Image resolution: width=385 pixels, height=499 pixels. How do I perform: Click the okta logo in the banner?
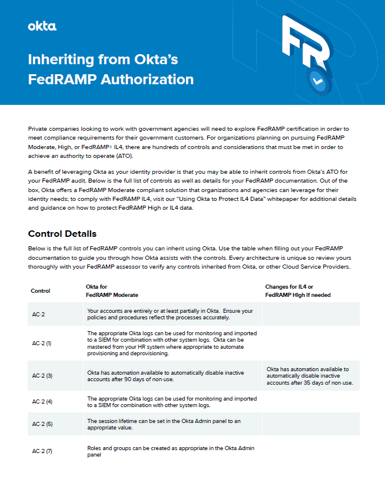tap(42, 26)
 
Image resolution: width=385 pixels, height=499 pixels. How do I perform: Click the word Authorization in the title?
tap(145, 79)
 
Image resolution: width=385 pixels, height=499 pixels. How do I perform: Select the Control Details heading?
tap(62, 234)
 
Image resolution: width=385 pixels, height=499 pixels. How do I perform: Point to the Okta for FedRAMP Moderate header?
tap(112, 290)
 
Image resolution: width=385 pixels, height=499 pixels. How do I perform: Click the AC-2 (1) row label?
tap(42, 343)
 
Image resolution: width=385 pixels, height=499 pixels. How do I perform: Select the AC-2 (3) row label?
tap(42, 375)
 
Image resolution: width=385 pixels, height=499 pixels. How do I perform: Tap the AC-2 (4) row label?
tap(42, 401)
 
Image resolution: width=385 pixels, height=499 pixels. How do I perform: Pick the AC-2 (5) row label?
tap(42, 424)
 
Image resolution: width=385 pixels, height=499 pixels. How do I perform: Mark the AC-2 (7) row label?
tap(42, 451)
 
